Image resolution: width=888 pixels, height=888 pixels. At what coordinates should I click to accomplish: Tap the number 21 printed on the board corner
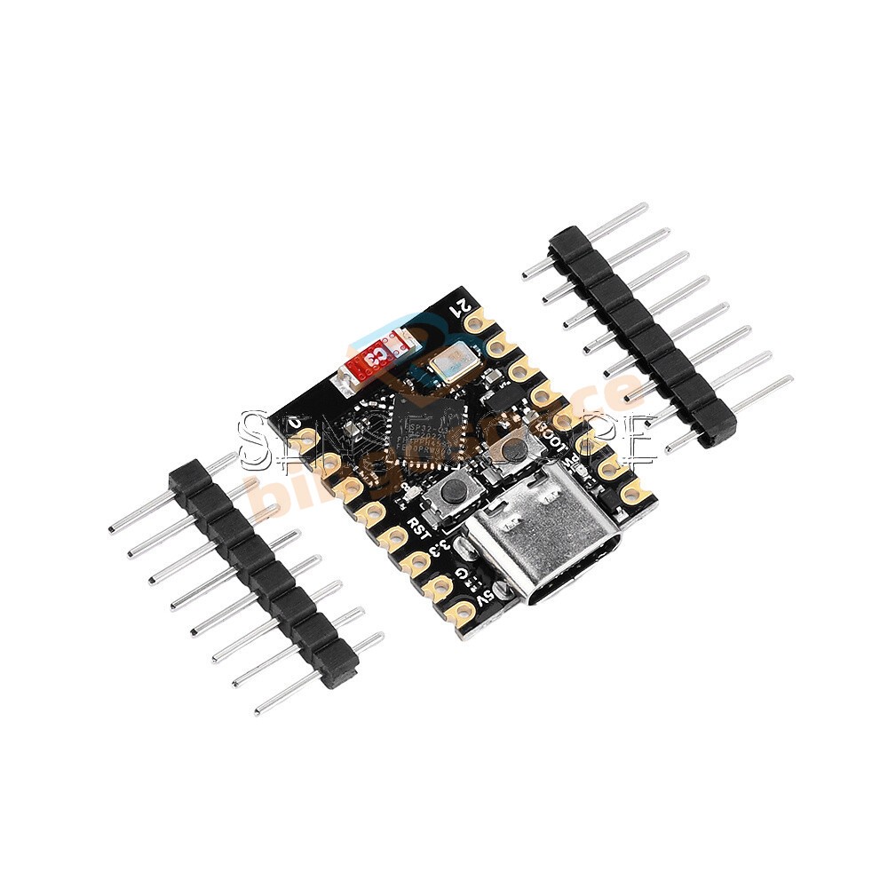coord(463,310)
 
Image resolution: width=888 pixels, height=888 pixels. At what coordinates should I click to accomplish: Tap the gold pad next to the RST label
coord(394,535)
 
